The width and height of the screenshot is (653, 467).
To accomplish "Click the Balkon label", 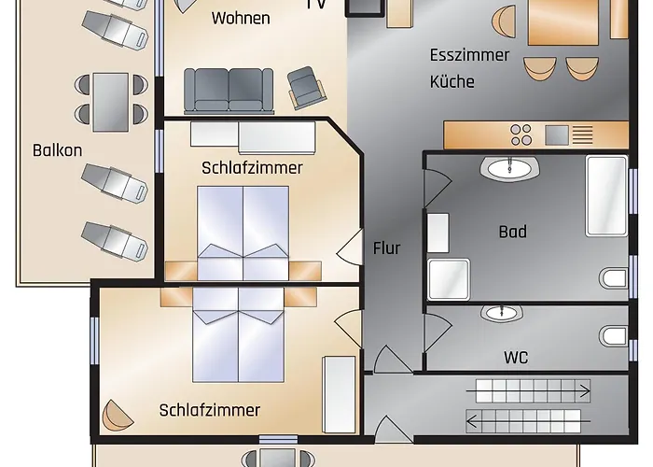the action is [58, 150].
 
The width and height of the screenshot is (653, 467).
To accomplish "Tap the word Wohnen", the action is [241, 18].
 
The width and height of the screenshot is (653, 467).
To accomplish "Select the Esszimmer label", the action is [469, 55].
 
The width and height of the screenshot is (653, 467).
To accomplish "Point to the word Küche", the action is [452, 81].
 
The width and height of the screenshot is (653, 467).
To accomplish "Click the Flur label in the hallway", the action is [386, 248].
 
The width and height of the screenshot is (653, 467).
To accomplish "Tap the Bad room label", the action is [513, 232].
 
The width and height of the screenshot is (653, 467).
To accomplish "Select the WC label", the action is [516, 358].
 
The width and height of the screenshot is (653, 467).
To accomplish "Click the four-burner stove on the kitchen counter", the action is [521, 134].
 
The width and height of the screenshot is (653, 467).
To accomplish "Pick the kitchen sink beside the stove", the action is [557, 134].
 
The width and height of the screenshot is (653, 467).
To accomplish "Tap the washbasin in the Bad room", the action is [509, 169].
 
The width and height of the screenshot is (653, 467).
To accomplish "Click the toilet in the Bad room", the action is [614, 278].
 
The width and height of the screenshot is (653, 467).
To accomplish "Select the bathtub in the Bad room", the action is [606, 196].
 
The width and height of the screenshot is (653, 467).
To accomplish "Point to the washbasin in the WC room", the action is [502, 313].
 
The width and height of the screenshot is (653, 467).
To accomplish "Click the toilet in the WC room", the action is [614, 335].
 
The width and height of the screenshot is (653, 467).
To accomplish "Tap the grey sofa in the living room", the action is [229, 91].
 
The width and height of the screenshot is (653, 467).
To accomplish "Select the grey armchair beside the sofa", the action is [306, 88].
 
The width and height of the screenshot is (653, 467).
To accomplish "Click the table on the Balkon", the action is [111, 102].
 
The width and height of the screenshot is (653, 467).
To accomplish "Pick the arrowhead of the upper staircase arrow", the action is [587, 391].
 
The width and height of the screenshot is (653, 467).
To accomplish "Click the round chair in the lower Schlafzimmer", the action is [117, 416].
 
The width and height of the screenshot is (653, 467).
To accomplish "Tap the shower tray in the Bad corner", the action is [449, 279].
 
